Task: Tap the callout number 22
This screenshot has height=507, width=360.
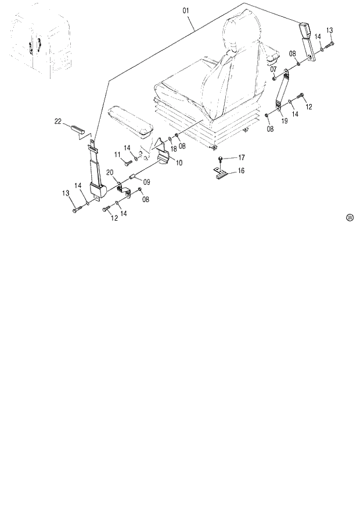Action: (x=58, y=121)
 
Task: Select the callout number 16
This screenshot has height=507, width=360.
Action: (x=241, y=171)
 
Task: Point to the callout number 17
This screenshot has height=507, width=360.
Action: (x=241, y=157)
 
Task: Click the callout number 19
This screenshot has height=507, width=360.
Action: (x=285, y=121)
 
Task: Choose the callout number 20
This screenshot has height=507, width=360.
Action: (x=109, y=172)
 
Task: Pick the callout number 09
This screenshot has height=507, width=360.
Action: (x=146, y=182)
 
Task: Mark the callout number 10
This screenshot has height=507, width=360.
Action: (x=179, y=163)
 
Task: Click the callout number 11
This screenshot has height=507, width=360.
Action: (x=117, y=154)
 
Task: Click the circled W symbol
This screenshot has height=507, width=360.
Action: (x=350, y=218)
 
